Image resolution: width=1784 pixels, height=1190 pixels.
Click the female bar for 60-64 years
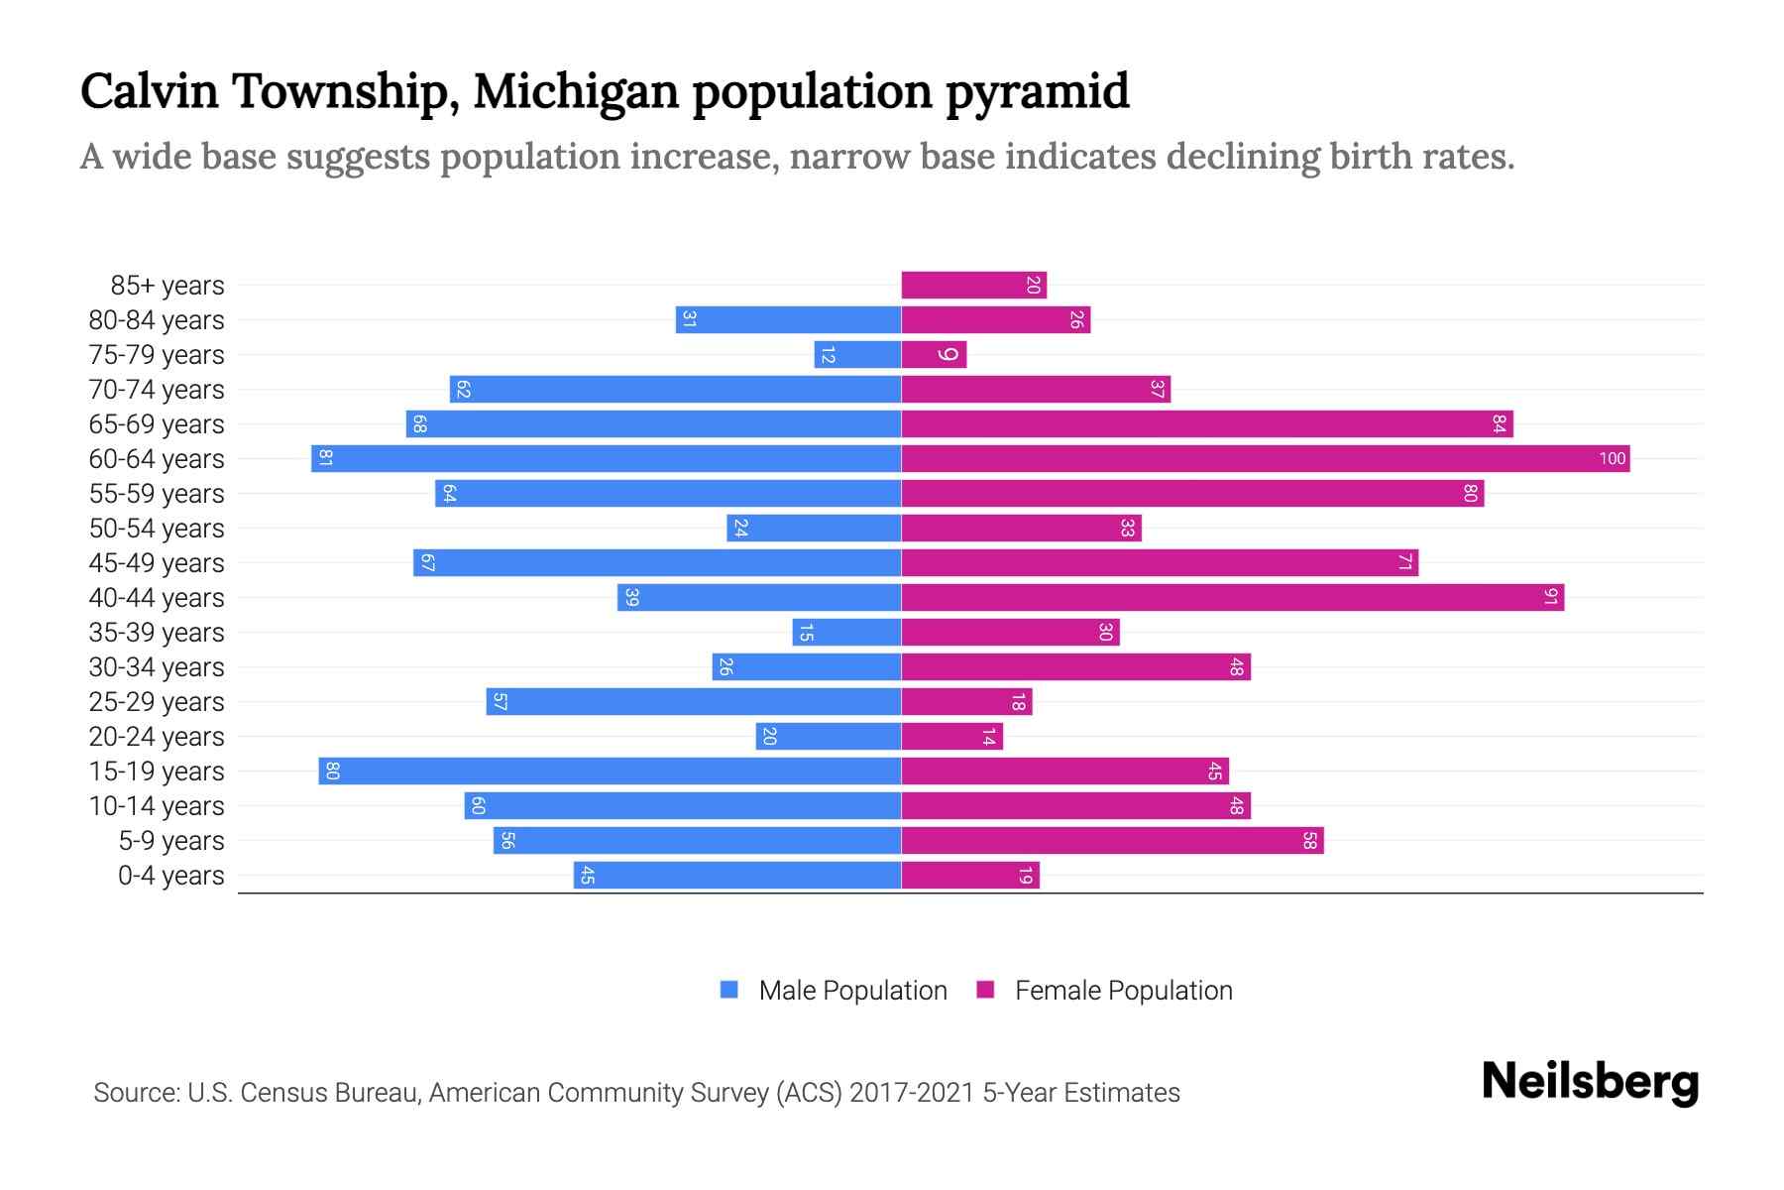click(x=1265, y=459)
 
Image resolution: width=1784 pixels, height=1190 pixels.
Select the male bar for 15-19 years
click(x=610, y=772)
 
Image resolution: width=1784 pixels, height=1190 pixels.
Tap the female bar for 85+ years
click(x=973, y=286)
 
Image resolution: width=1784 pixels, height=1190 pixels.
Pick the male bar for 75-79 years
click(x=857, y=355)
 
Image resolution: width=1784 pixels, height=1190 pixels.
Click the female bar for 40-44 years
click(x=1232, y=598)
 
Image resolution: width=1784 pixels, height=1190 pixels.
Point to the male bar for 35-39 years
click(x=846, y=633)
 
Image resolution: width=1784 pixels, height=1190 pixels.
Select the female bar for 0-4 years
click(x=970, y=876)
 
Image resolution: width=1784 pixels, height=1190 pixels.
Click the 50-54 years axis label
click(x=157, y=529)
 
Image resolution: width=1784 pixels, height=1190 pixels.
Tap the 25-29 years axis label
click(x=157, y=702)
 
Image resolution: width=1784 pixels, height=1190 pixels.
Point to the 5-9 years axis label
click(x=170, y=841)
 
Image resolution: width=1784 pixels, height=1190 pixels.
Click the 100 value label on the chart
click(x=1612, y=459)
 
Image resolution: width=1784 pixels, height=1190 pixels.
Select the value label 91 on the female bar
click(x=1551, y=598)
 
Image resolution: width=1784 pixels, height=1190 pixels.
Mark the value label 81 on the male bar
click(x=325, y=459)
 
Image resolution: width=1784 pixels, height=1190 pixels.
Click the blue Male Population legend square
click(x=729, y=990)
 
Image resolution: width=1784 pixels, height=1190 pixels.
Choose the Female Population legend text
click(x=1123, y=991)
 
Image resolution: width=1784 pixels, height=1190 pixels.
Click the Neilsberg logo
click(x=1590, y=1082)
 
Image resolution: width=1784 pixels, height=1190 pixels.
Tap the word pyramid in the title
click(x=1037, y=92)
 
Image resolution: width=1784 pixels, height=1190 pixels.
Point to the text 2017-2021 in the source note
click(x=912, y=1093)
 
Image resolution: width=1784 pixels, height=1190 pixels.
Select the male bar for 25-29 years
click(x=694, y=702)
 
